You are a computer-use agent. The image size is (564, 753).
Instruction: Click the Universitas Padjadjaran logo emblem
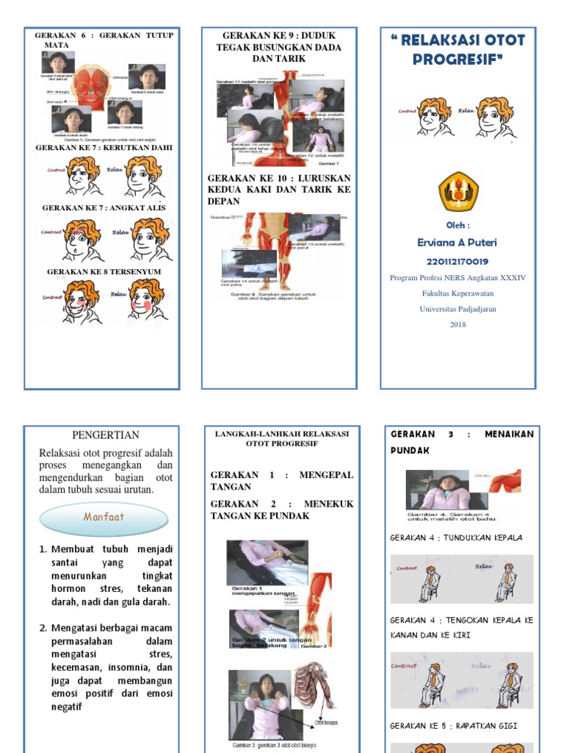[458, 191]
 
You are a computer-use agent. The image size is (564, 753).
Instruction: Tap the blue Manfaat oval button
[104, 517]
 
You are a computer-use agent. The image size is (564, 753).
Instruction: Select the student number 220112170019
[458, 261]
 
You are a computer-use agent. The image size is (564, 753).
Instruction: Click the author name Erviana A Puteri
[458, 243]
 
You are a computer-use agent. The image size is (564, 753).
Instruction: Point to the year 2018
[458, 324]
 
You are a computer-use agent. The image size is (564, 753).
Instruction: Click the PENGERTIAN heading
[105, 435]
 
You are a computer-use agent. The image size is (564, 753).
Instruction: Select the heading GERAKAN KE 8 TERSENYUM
[104, 271]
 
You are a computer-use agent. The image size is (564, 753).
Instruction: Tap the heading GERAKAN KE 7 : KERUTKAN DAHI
[104, 148]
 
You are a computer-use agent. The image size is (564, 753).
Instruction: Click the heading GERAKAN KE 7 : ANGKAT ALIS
[104, 207]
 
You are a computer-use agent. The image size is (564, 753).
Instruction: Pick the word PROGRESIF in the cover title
[457, 59]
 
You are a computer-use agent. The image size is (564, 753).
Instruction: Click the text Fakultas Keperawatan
[458, 293]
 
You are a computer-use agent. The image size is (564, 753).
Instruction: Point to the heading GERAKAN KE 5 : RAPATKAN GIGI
[454, 726]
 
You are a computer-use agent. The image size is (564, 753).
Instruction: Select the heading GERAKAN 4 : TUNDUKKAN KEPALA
[457, 538]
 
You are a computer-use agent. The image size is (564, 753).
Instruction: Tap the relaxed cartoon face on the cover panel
[495, 118]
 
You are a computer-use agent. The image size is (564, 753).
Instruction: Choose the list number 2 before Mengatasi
[43, 628]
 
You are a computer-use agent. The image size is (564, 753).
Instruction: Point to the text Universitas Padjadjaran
[458, 309]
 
